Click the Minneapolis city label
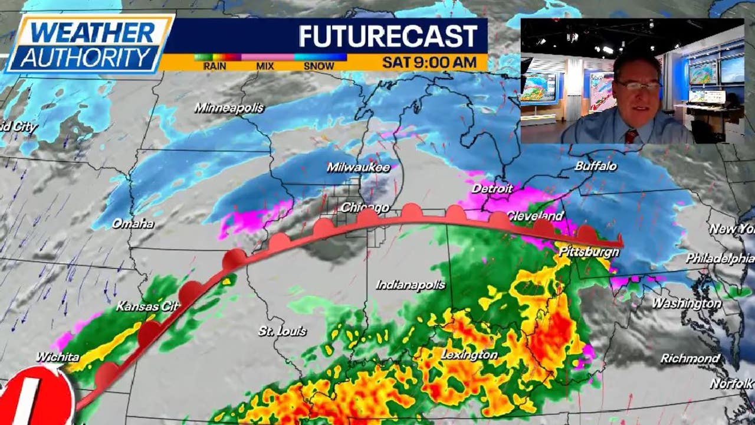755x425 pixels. tap(229, 108)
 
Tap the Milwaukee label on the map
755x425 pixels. tap(359, 168)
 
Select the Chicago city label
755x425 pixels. tap(365, 207)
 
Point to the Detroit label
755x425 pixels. tap(492, 189)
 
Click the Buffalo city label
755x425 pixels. tap(596, 166)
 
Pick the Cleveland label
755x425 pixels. tap(535, 215)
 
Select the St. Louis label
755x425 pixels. tap(283, 331)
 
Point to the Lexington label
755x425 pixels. tap(470, 355)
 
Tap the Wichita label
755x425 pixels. tap(57, 357)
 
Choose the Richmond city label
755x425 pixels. tap(690, 358)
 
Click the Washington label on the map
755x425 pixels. tap(686, 303)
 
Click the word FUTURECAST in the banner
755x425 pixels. tap(388, 37)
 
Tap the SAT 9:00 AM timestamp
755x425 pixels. tap(429, 62)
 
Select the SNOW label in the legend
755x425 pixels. tap(319, 66)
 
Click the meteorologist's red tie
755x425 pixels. tap(631, 136)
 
